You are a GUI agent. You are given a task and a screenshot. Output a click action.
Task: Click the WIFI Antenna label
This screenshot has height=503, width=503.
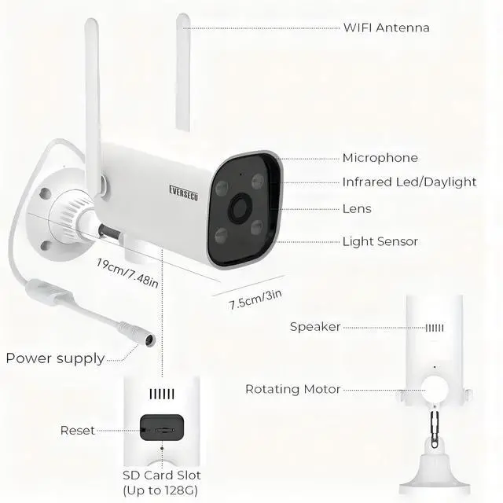click(385, 28)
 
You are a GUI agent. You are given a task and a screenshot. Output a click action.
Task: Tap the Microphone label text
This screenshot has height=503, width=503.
click(380, 158)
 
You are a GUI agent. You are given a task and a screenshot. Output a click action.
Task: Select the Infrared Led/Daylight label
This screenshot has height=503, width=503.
click(409, 182)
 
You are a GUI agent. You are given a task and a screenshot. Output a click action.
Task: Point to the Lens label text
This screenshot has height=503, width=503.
click(357, 209)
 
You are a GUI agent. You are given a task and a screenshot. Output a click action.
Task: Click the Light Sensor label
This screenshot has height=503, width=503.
click(380, 242)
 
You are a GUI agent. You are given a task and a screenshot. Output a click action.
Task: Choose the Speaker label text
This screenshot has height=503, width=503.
click(314, 326)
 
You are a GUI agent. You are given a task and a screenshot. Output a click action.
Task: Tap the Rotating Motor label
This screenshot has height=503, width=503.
click(292, 389)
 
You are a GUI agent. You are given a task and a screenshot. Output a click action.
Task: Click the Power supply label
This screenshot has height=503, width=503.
click(55, 358)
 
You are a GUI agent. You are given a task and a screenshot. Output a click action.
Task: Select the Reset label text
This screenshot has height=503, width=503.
click(77, 430)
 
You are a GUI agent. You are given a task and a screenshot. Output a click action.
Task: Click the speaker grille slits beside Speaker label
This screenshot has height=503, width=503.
click(435, 327)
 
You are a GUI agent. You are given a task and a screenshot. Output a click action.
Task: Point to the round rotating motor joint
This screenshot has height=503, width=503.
click(435, 386)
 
